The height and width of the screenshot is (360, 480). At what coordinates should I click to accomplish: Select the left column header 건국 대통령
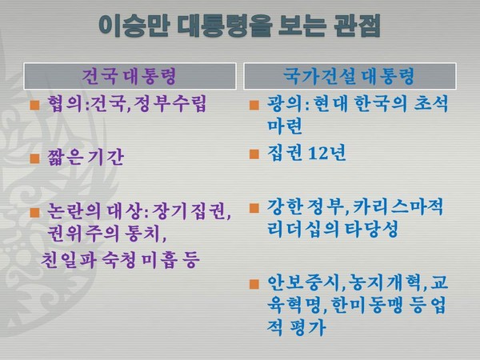tap(128, 77)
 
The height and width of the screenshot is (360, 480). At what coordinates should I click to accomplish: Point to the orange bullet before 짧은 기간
tap(34, 157)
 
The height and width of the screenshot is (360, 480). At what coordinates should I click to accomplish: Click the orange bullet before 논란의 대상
tap(34, 213)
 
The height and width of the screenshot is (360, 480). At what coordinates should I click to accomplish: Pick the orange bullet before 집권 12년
tap(254, 153)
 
